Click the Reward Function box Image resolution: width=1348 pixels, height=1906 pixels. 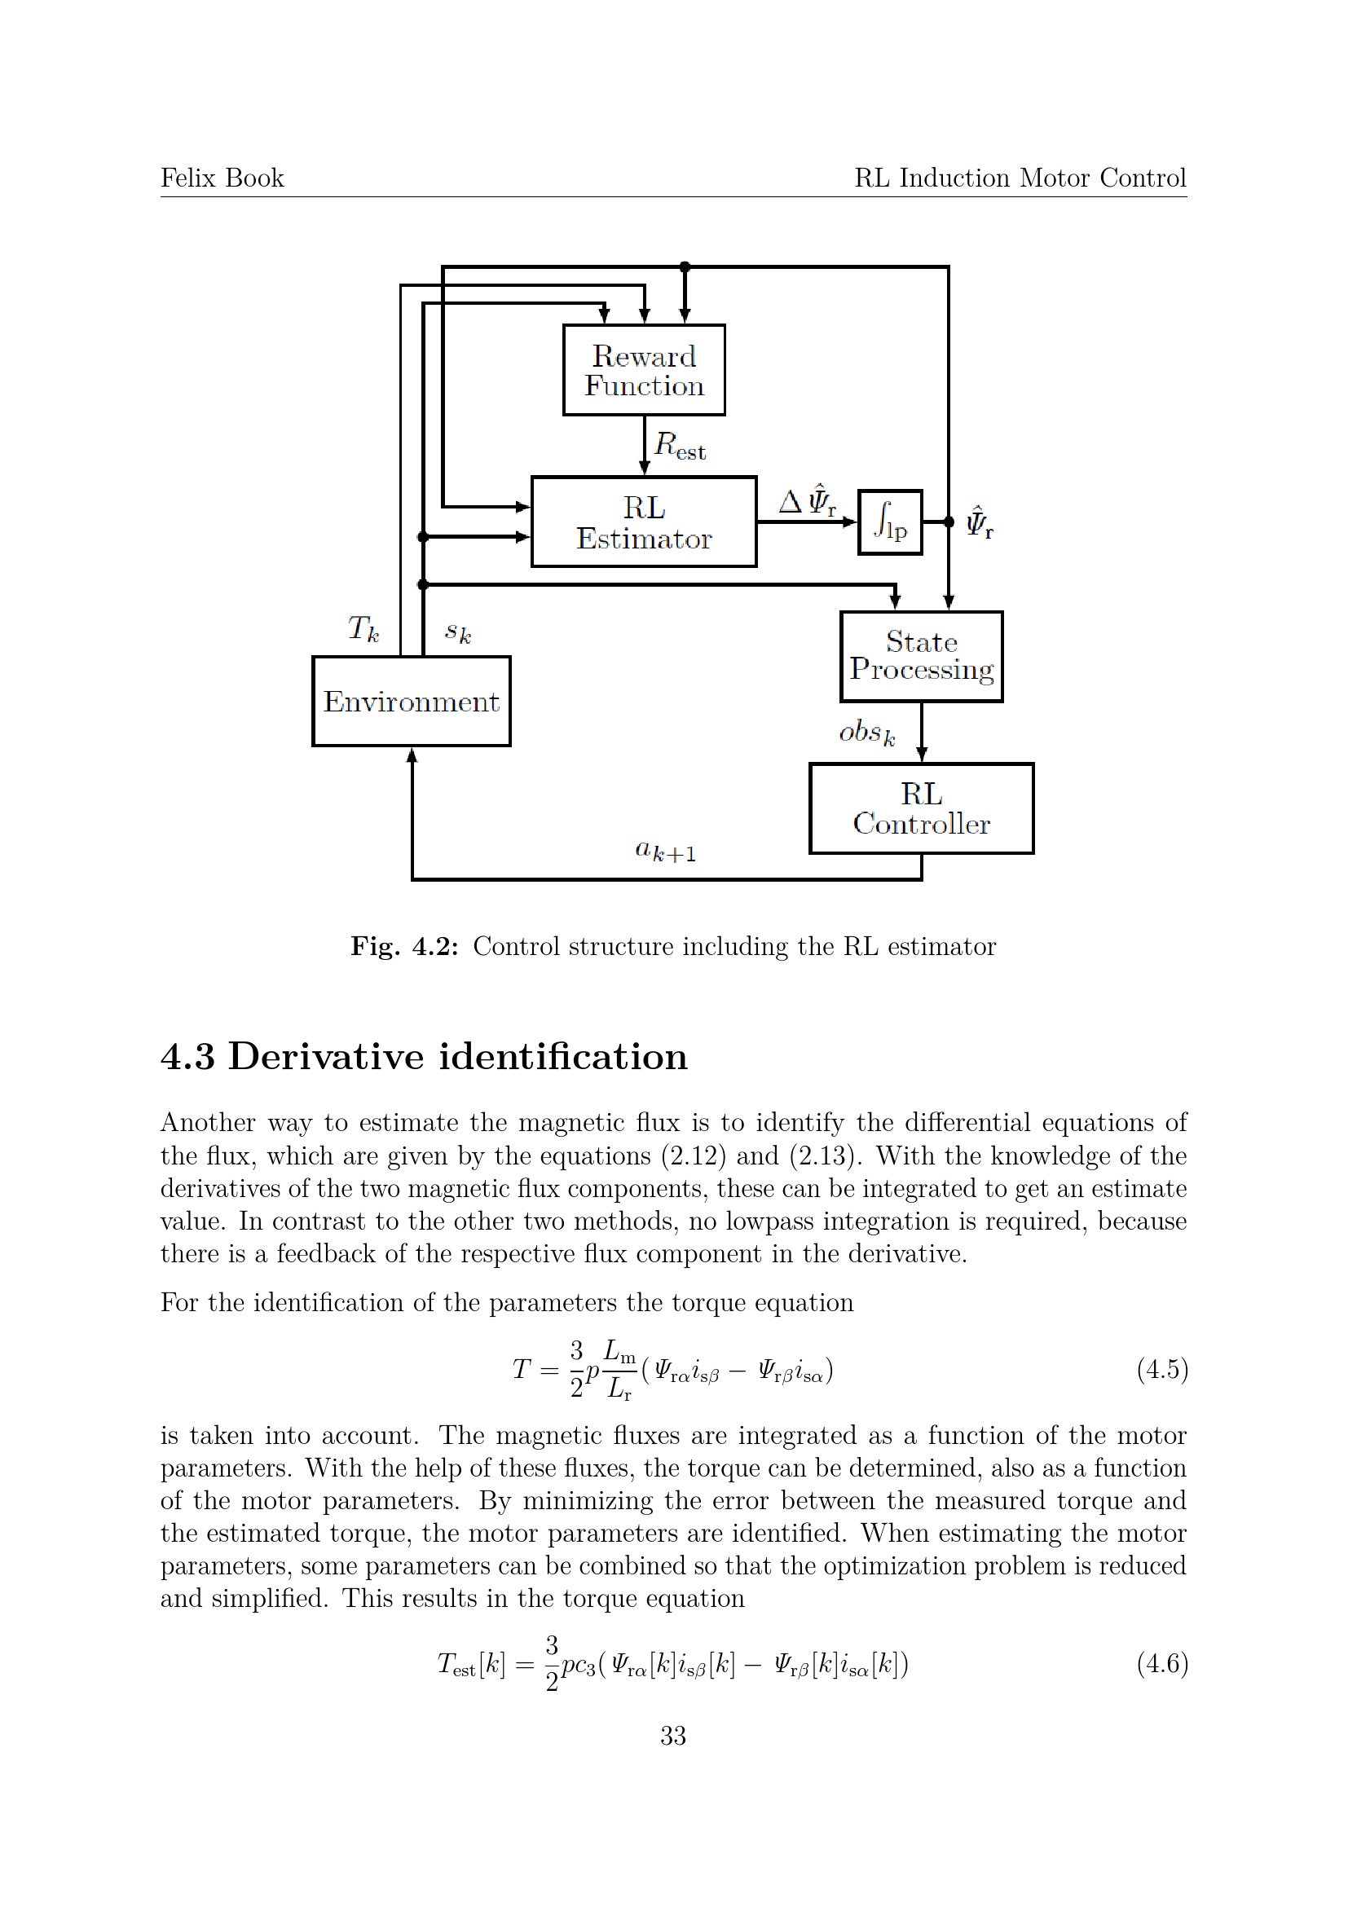(643, 370)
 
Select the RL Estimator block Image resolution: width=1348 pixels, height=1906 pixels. (643, 522)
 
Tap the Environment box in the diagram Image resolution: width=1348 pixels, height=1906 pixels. (411, 702)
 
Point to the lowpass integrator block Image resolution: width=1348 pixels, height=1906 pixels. (890, 522)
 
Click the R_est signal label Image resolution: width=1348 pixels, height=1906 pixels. (679, 446)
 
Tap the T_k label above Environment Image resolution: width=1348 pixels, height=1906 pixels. (363, 628)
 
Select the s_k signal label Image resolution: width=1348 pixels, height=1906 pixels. (458, 632)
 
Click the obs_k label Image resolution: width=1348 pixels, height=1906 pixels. (866, 733)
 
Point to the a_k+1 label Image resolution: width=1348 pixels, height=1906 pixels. (665, 851)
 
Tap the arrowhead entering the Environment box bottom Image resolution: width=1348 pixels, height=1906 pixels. (412, 755)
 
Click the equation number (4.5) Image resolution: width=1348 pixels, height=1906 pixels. (1162, 1369)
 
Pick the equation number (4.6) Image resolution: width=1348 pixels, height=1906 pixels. (1162, 1664)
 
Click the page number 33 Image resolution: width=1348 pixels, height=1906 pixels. (673, 1736)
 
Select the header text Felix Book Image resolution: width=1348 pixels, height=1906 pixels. (222, 178)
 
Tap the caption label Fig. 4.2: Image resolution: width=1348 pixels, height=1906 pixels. (404, 946)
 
